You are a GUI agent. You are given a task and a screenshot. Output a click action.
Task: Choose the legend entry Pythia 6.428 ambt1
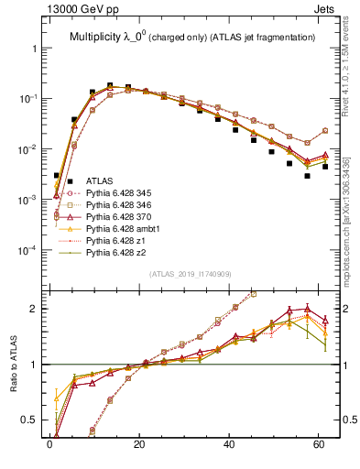point(119,236)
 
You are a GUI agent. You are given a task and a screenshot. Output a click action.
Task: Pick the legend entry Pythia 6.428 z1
point(113,250)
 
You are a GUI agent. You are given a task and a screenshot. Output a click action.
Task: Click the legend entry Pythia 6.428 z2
point(113,264)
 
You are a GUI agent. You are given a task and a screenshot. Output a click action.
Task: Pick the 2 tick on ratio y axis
point(31,308)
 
